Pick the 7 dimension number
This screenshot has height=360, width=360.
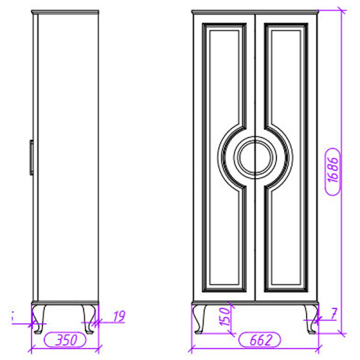(x=334, y=312)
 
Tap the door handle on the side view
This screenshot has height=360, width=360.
(x=31, y=158)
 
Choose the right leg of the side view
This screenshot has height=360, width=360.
(x=90, y=317)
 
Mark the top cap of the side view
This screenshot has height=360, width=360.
(x=65, y=12)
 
